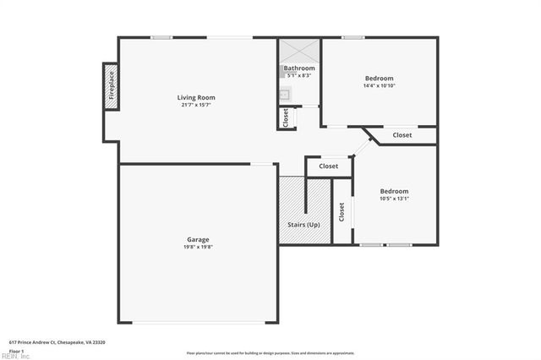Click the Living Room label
195,97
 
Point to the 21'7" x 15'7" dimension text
195,105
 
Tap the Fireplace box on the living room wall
111,86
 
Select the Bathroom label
299,68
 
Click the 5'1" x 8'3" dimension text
299,76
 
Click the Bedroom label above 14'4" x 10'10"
379,78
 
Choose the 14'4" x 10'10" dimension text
379,85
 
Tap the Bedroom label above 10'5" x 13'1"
394,191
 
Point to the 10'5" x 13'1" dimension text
394,199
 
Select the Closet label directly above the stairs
328,166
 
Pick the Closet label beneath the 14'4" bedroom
402,135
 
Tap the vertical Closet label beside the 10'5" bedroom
342,212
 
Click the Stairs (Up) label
303,225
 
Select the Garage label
198,239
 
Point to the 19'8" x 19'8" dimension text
198,247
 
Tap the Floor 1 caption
17,350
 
